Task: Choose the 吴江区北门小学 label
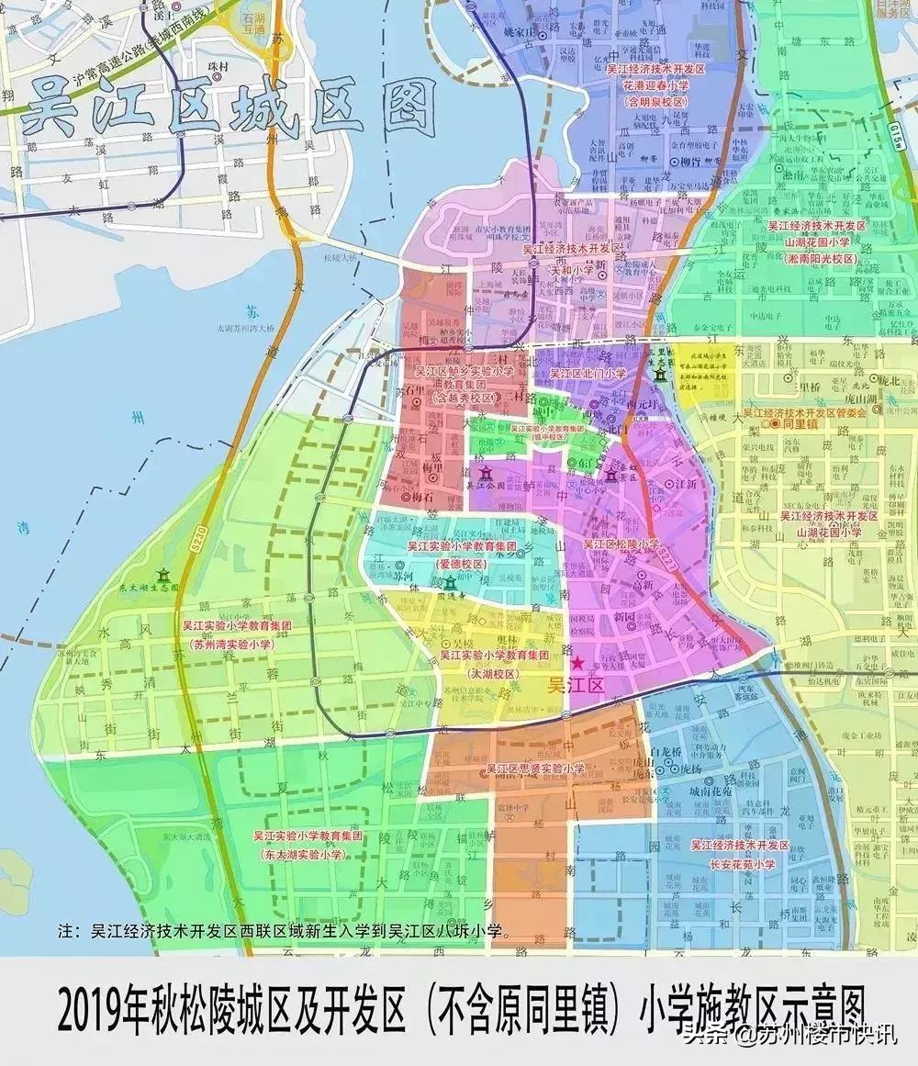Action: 588,374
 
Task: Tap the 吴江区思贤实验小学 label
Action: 535,769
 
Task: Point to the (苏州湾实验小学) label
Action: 236,645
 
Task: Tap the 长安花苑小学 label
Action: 741,864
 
